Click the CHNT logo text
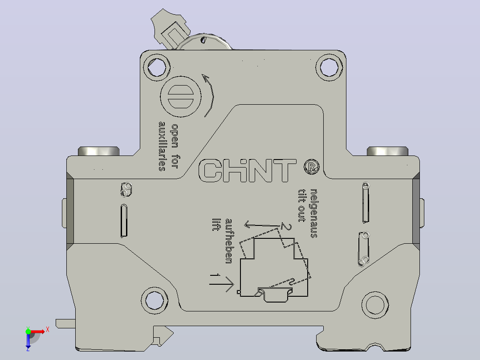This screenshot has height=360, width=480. [248, 170]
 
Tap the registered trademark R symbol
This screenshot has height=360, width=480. [312, 167]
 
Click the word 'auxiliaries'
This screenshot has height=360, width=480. [162, 146]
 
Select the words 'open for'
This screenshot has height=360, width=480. [175, 146]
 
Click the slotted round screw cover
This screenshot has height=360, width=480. [181, 97]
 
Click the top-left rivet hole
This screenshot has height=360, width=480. [157, 67]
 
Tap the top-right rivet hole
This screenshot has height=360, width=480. [329, 67]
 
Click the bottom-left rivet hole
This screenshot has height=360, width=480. [155, 301]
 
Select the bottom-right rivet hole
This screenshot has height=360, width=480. [375, 305]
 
